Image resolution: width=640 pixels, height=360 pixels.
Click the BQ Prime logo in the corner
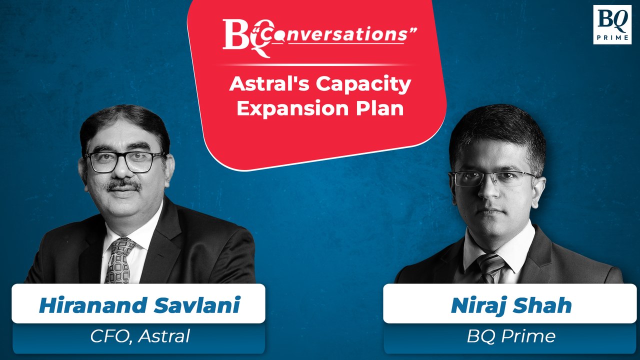pos(612,24)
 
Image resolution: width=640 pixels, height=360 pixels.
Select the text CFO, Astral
pos(140,336)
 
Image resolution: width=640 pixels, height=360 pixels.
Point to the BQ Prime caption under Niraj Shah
pos(511,336)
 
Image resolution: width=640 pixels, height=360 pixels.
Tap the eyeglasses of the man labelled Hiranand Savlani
pos(125,161)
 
